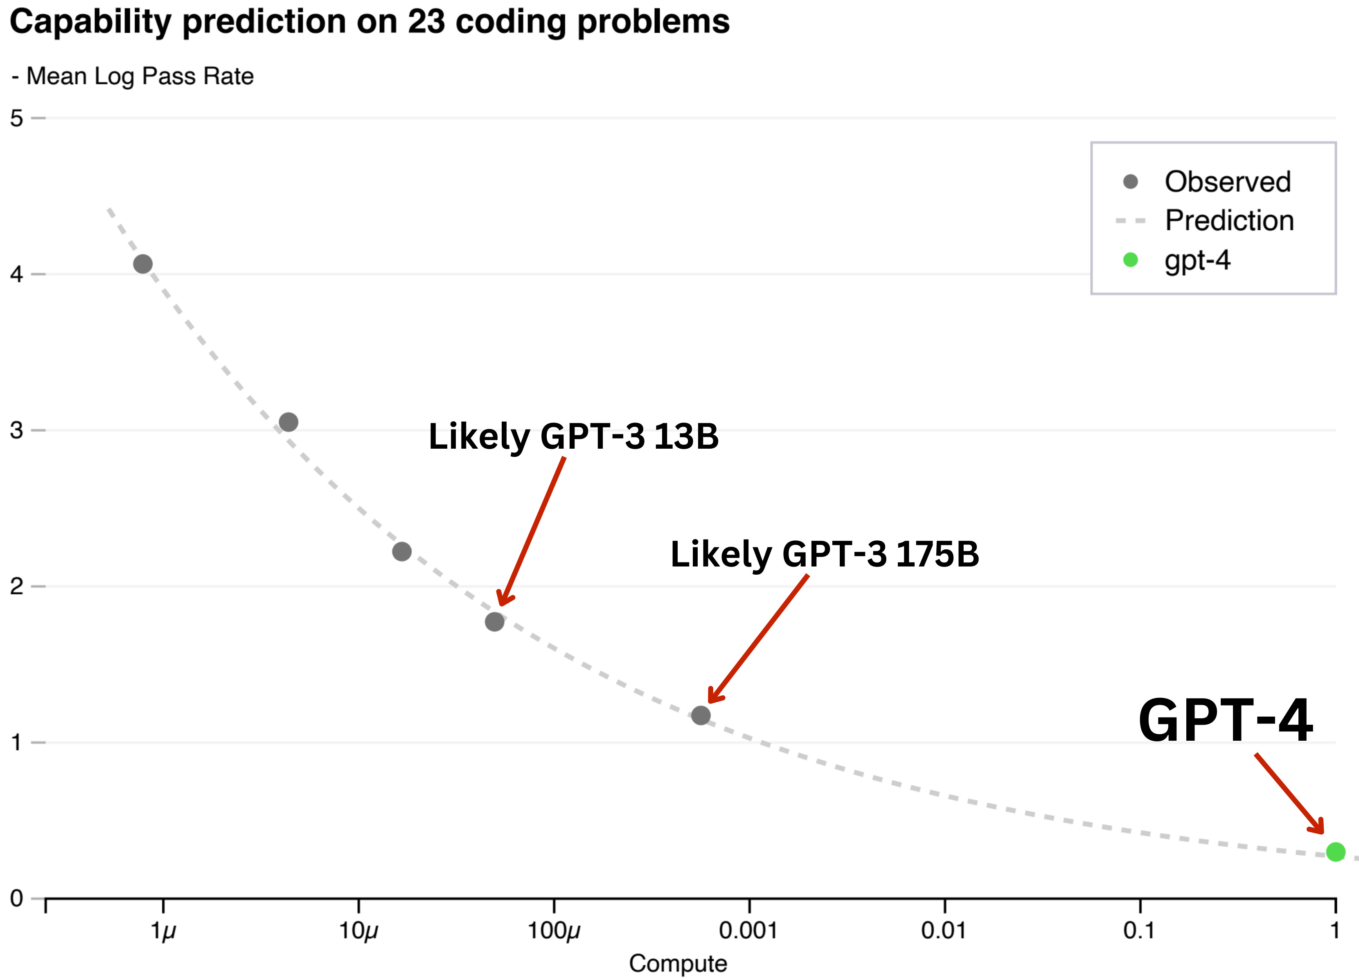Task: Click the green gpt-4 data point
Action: point(1335,851)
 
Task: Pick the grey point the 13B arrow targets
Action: point(494,622)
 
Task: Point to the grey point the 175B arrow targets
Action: point(701,715)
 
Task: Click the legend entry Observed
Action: point(1226,182)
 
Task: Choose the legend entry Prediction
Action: point(1228,220)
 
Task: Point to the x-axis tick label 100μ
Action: point(553,930)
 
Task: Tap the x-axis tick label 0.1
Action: point(1138,930)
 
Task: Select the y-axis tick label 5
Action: point(16,119)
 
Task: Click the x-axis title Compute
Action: point(678,963)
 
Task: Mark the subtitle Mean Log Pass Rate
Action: point(139,76)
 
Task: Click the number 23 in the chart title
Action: point(426,22)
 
